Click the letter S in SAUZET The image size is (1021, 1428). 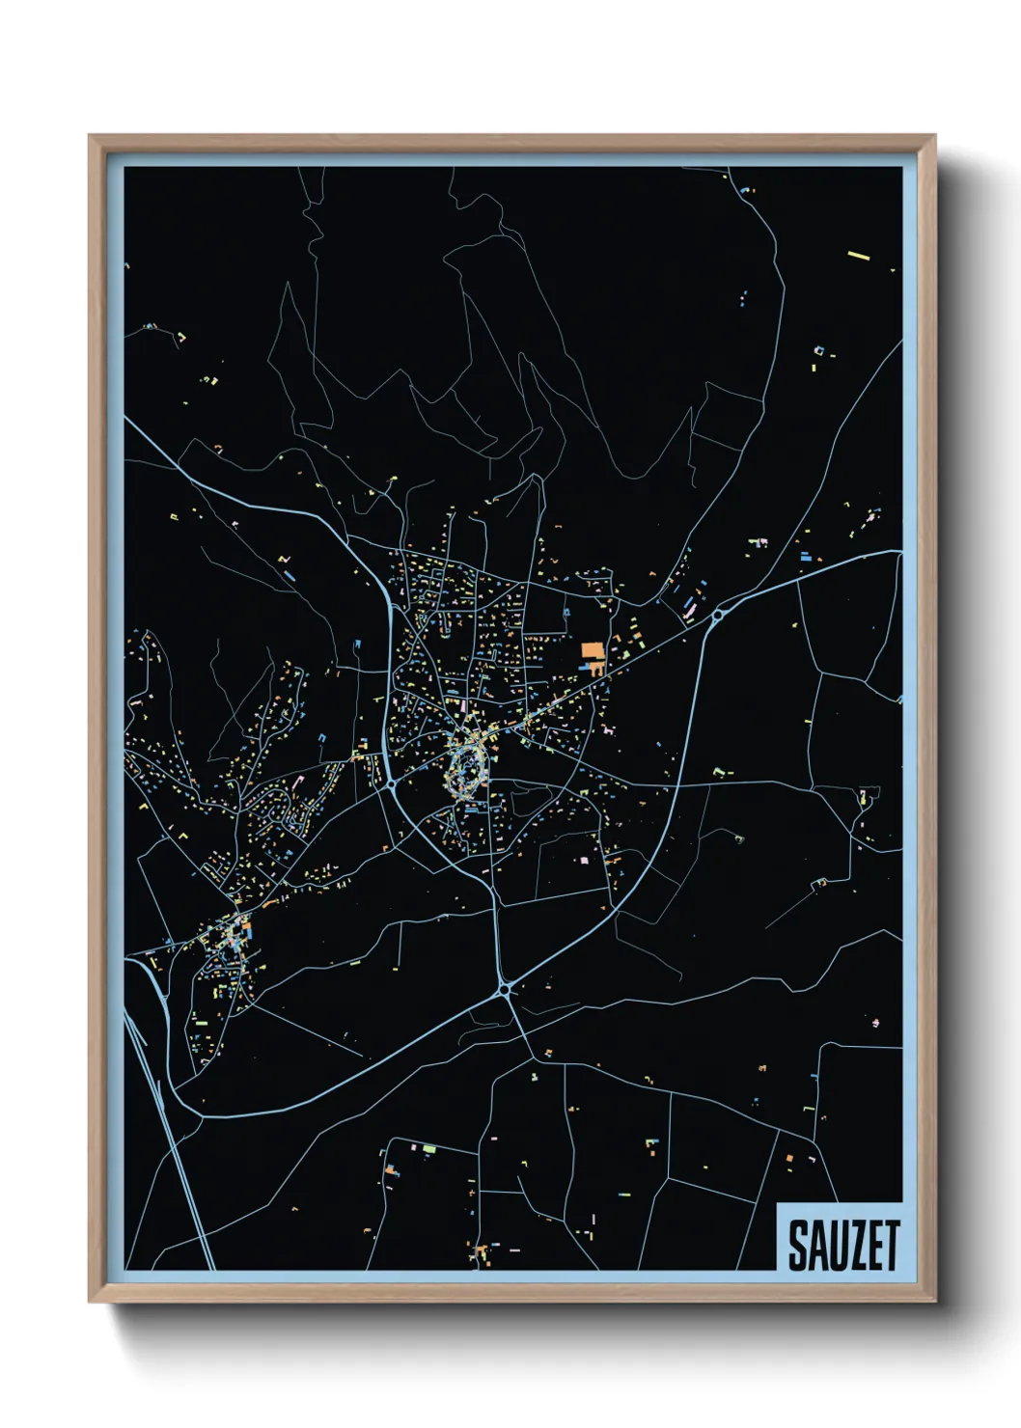[797, 1246]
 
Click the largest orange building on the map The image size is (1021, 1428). [592, 651]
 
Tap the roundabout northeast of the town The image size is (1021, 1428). [718, 614]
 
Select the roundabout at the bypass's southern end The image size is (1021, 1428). [504, 989]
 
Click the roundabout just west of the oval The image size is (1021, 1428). [392, 786]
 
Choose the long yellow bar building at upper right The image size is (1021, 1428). [859, 257]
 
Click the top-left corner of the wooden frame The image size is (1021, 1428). [91, 136]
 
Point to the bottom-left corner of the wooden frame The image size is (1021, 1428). [91, 1301]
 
